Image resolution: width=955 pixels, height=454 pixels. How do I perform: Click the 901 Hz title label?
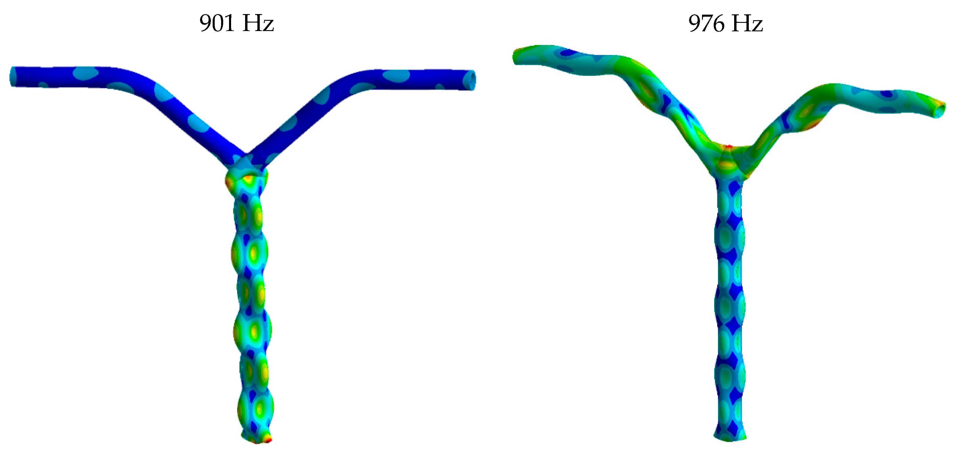237,23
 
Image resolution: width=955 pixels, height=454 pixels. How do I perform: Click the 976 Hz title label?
725,23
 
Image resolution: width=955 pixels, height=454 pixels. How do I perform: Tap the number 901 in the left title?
217,23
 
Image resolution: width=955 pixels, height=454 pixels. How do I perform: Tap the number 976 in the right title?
706,23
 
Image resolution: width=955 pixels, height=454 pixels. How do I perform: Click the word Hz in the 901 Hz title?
258,23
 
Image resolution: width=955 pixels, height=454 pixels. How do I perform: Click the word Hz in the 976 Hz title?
747,23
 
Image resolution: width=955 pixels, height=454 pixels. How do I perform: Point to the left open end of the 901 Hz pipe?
13,76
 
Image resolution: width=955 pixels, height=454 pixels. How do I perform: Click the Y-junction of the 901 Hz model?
245,163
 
